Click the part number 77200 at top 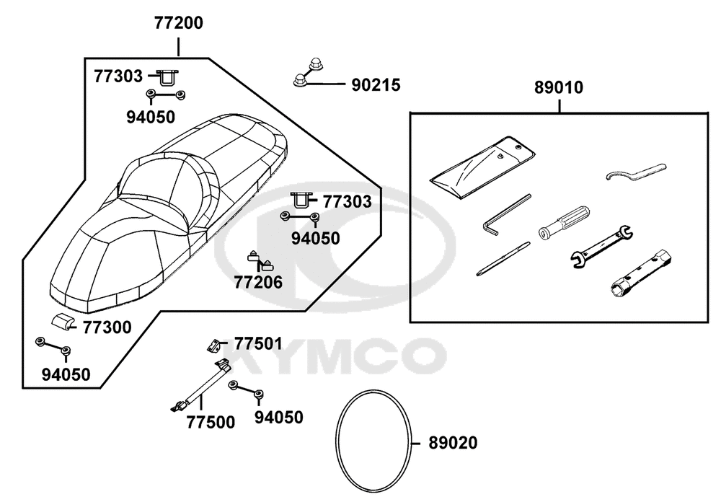pyautogui.click(x=178, y=22)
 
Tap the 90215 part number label pyautogui.click(x=376, y=85)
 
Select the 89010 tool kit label pyautogui.click(x=559, y=87)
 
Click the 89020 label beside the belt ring pyautogui.click(x=453, y=443)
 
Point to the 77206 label pyautogui.click(x=258, y=283)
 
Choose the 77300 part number pyautogui.click(x=107, y=327)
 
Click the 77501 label pyautogui.click(x=258, y=344)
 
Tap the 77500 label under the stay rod pyautogui.click(x=211, y=423)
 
